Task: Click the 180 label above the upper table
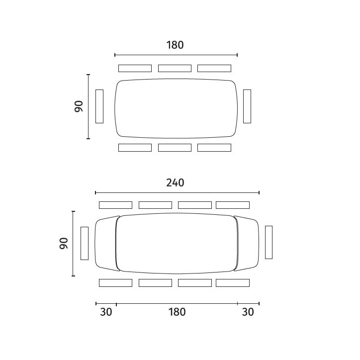coord(175,45)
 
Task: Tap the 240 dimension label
coord(175,183)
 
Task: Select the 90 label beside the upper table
coord(79,106)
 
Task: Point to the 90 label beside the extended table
coord(64,243)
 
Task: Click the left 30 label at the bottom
coord(106,312)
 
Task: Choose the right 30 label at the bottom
coord(248,312)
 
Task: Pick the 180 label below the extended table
coord(177,312)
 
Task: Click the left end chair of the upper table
coord(99,106)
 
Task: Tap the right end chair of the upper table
coord(247,106)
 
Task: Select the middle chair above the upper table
coord(175,69)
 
